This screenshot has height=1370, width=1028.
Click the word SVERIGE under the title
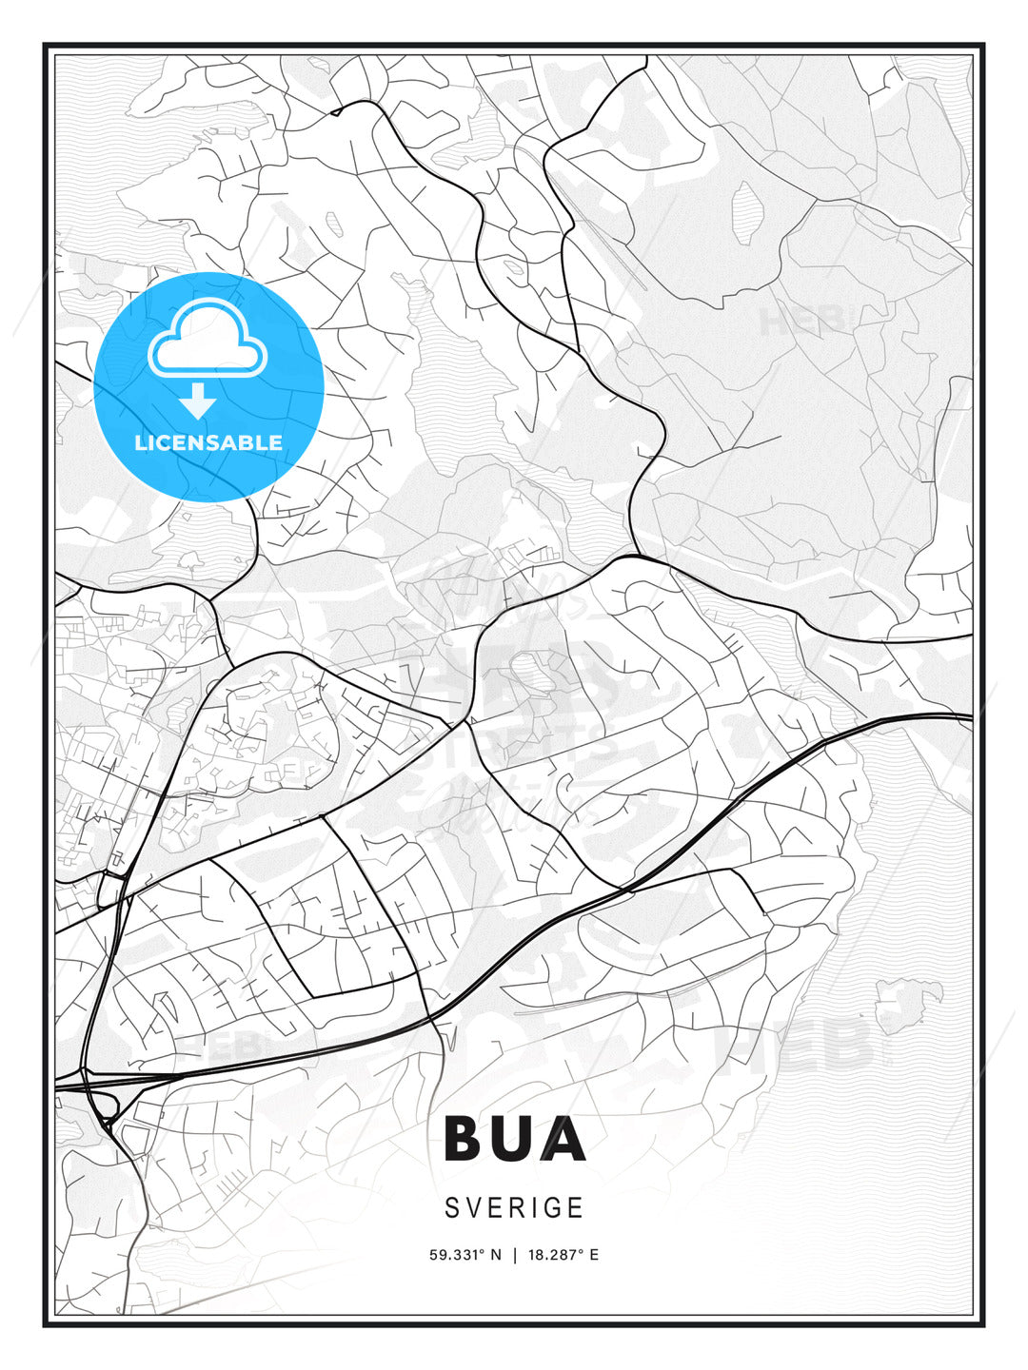(x=514, y=1208)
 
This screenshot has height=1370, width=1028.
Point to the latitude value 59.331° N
(x=465, y=1255)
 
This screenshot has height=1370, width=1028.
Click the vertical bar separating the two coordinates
(x=514, y=1255)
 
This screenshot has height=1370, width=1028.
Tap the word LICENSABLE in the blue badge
(x=208, y=442)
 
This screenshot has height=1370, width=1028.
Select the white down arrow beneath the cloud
(x=198, y=401)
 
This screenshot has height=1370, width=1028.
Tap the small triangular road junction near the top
(x=336, y=110)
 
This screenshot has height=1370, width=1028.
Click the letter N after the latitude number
(x=495, y=1255)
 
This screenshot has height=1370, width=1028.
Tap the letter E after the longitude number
(x=594, y=1255)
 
